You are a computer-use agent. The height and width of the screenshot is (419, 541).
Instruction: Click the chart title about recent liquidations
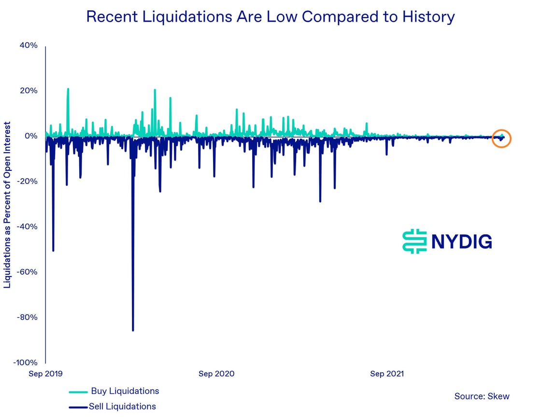coord(270,17)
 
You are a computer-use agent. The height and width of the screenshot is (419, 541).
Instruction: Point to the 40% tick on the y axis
coord(28,45)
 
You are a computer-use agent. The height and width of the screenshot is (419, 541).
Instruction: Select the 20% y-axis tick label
coord(28,91)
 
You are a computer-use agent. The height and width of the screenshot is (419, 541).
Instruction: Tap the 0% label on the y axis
coord(30,136)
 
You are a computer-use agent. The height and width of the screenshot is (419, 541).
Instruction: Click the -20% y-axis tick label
coord(27,182)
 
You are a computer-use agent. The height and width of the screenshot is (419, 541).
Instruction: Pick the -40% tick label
coord(27,227)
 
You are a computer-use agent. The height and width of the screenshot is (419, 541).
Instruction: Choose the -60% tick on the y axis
coord(27,272)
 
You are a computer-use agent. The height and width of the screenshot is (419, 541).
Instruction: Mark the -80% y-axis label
coord(27,318)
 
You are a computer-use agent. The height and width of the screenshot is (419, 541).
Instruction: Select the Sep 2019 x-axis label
coord(46,374)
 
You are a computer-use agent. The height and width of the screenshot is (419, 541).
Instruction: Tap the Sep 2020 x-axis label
coord(216,374)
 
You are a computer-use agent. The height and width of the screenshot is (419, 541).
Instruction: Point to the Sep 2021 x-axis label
coord(387,374)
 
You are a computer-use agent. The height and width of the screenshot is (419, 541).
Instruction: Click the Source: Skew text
coord(482,396)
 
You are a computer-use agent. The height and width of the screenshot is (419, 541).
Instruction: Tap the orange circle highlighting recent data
coord(501,139)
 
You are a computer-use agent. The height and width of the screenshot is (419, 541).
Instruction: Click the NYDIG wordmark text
coord(461,241)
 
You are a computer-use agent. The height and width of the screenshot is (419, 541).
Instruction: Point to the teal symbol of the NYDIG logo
coord(414,241)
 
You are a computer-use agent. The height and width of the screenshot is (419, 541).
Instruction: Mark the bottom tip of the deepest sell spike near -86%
coord(133,330)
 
